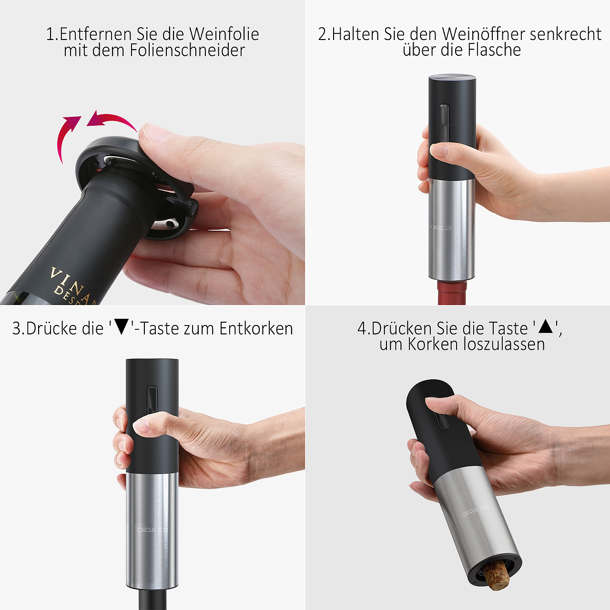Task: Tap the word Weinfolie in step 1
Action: (224, 34)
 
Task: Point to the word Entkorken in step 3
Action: (256, 329)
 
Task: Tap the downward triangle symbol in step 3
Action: (122, 327)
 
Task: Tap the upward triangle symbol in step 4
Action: (545, 327)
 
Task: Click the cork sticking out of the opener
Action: (497, 576)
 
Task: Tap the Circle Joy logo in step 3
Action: (152, 530)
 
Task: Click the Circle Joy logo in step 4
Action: (475, 511)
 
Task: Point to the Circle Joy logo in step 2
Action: (441, 228)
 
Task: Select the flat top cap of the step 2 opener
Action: (452, 78)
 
